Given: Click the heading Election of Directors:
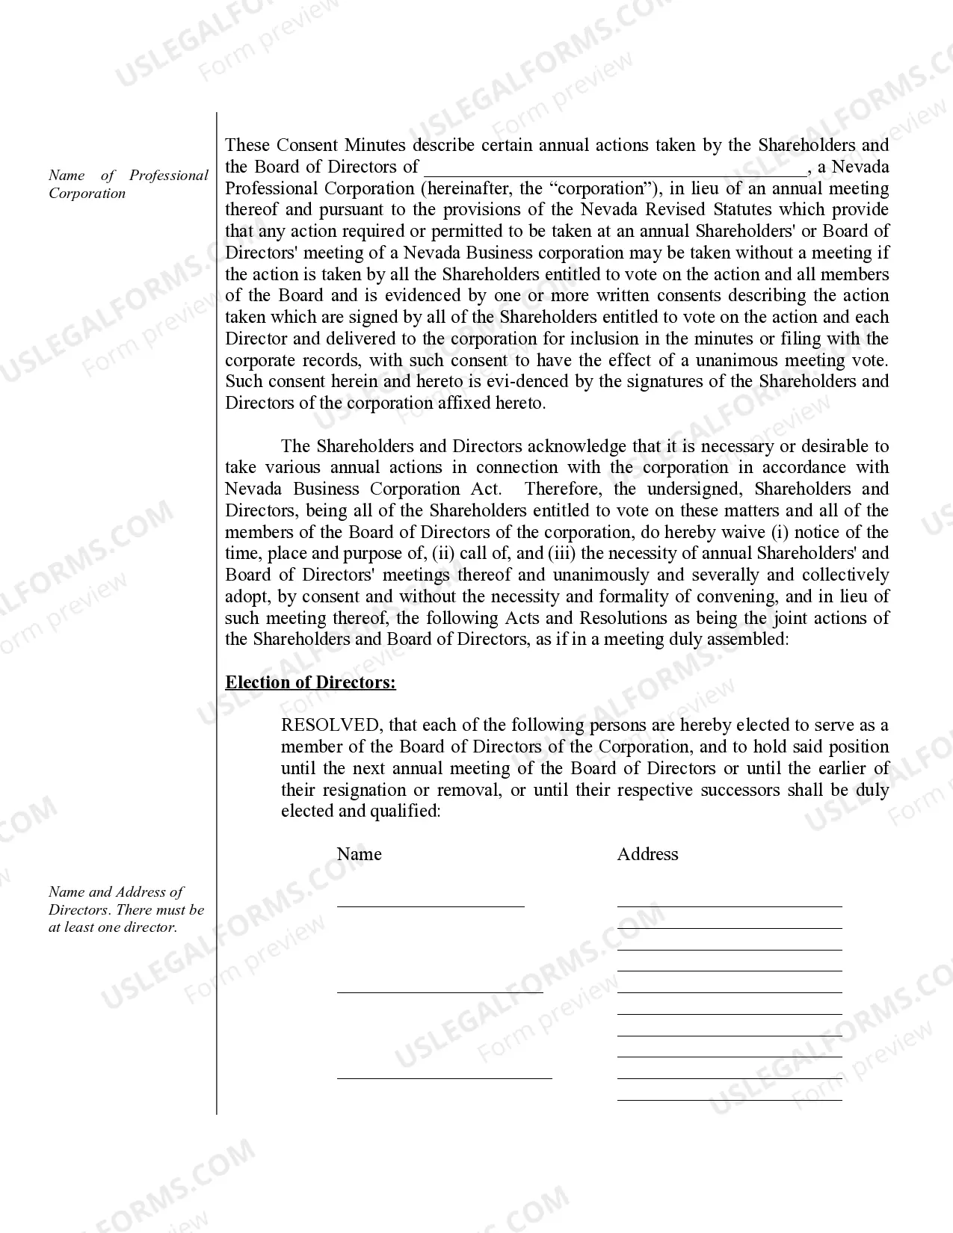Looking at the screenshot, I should click(310, 682).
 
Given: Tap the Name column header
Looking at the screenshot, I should click(359, 854).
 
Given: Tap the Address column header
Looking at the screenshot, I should click(647, 854).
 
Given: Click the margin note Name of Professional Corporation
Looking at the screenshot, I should click(128, 184).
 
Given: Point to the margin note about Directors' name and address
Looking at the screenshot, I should click(126, 909).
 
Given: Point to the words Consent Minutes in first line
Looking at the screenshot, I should click(341, 145).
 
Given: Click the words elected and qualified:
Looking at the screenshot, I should click(360, 812).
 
